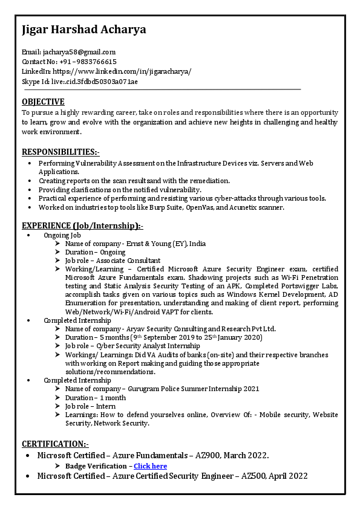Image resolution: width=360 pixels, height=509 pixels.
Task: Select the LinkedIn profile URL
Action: coord(122,71)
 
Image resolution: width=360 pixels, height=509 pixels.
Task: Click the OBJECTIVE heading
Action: coord(43,102)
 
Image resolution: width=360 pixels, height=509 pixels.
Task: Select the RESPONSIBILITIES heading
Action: coord(61,151)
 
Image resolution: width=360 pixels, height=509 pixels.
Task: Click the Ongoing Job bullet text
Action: coord(62,235)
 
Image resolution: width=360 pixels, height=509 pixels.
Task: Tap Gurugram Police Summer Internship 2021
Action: coord(194,389)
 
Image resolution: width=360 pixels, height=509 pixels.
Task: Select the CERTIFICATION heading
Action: coord(55,444)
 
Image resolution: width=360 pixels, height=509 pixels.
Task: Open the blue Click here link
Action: coord(150,466)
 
